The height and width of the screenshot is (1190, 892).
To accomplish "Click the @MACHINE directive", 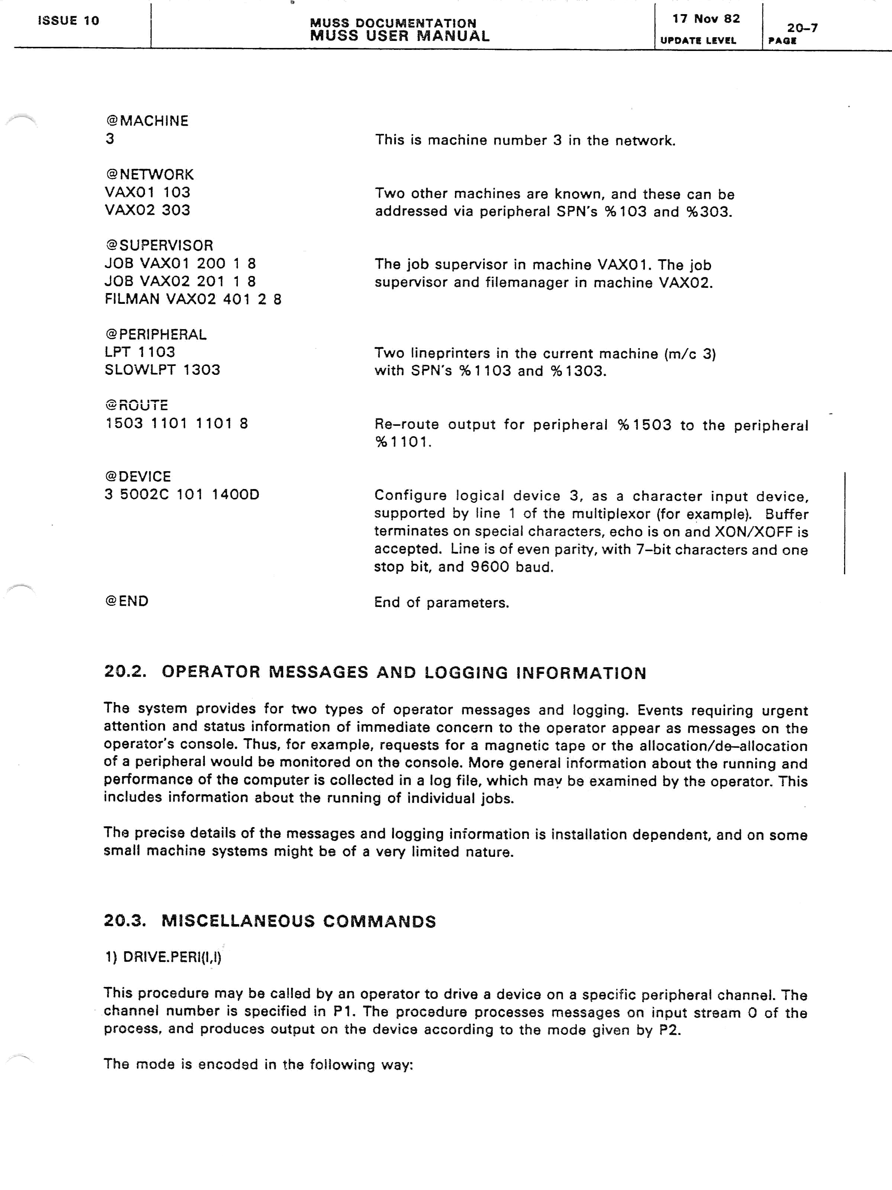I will tap(147, 121).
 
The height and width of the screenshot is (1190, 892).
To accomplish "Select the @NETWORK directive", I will tap(149, 174).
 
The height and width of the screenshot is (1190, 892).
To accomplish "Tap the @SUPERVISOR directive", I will tap(159, 245).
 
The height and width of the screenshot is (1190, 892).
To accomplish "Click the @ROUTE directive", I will tap(137, 405).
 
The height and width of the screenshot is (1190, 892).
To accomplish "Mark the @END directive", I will tap(127, 601).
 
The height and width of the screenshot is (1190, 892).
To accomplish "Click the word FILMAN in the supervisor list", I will tap(132, 299).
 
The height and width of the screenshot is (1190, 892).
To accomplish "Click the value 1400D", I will tap(236, 494).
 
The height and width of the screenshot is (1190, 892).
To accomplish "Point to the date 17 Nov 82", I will tap(706, 19).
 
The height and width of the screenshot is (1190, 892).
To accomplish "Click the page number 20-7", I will tap(802, 28).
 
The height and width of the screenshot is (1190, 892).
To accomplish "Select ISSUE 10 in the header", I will tap(68, 21).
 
